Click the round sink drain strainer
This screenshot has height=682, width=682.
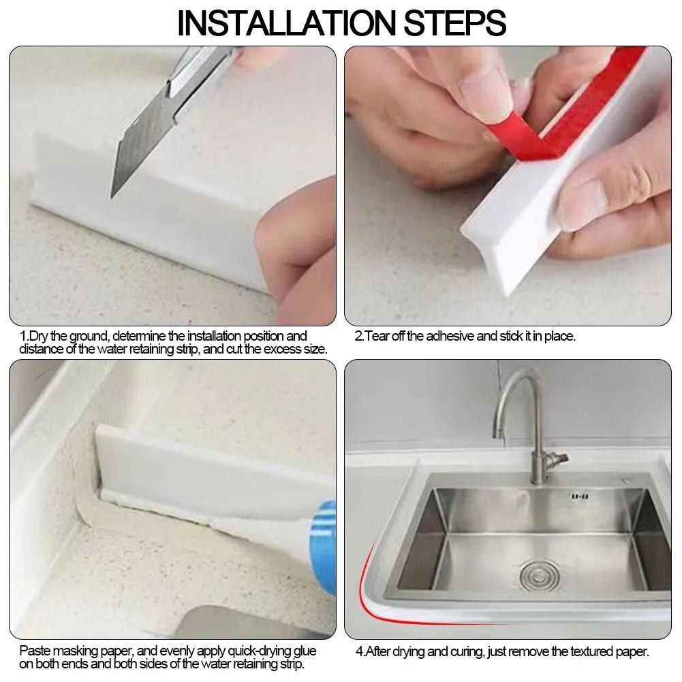535,576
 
